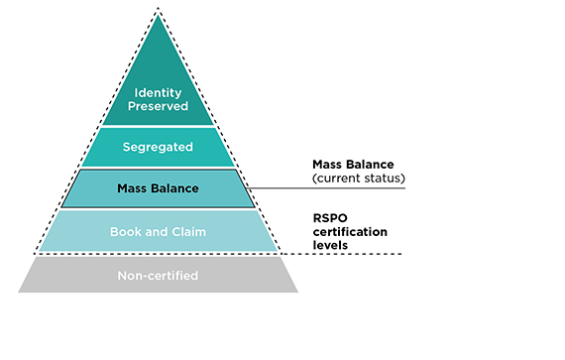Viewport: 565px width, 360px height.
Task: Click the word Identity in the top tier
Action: coord(159,93)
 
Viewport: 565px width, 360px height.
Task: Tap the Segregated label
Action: coord(159,148)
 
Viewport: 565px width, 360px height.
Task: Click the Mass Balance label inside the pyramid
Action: coord(159,188)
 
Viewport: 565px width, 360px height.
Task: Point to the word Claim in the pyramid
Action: coord(187,232)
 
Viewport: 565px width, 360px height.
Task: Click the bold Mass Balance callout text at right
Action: coord(354,165)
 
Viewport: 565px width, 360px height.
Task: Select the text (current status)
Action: coord(358,179)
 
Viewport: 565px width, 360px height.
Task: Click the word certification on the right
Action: coord(349,232)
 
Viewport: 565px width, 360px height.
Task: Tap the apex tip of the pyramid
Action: coord(159,12)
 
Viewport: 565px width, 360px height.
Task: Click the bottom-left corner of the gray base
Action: coord(20,292)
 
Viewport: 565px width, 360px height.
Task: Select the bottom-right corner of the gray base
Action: coord(297,292)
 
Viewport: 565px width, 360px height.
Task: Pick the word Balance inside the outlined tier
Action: coord(176,188)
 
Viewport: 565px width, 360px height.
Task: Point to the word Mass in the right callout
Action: coord(328,165)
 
